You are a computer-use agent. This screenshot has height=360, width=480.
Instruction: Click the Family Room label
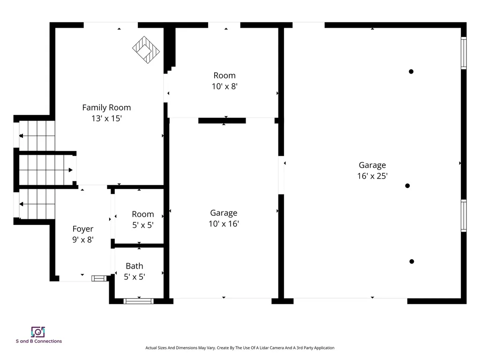pyautogui.click(x=106, y=107)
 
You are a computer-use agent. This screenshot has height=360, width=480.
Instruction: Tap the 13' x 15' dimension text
pyautogui.click(x=106, y=119)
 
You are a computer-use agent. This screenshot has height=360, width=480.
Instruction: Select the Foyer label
pyautogui.click(x=82, y=229)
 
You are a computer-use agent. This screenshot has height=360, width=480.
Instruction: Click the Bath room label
pyautogui.click(x=134, y=266)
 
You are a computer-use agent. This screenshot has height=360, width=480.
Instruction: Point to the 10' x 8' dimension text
pyautogui.click(x=225, y=86)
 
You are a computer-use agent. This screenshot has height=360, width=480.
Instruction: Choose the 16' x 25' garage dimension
pyautogui.click(x=372, y=176)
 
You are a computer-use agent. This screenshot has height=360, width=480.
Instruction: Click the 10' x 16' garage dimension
pyautogui.click(x=224, y=224)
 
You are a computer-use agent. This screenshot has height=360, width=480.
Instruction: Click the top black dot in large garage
pyautogui.click(x=411, y=72)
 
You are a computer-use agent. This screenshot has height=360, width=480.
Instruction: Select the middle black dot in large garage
pyautogui.click(x=407, y=186)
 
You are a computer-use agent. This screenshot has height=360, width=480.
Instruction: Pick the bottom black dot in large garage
pyautogui.click(x=412, y=262)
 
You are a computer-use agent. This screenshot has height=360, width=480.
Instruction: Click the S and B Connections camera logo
pyautogui.click(x=38, y=332)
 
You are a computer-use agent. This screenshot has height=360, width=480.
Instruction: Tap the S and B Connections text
pyautogui.click(x=38, y=341)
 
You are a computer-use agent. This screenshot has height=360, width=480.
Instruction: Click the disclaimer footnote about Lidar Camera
pyautogui.click(x=240, y=348)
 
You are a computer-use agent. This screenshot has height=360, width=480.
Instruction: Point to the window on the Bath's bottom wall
pyautogui.click(x=138, y=301)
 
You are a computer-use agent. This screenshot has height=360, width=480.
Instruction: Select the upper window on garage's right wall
pyautogui.click(x=464, y=53)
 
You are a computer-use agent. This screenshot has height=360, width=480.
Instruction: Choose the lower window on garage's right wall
pyautogui.click(x=464, y=216)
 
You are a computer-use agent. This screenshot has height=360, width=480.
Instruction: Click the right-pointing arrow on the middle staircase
pyautogui.click(x=70, y=170)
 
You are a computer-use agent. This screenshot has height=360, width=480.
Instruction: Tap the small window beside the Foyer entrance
pyautogui.click(x=99, y=278)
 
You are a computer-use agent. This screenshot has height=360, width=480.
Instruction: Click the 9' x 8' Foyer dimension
pyautogui.click(x=82, y=240)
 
